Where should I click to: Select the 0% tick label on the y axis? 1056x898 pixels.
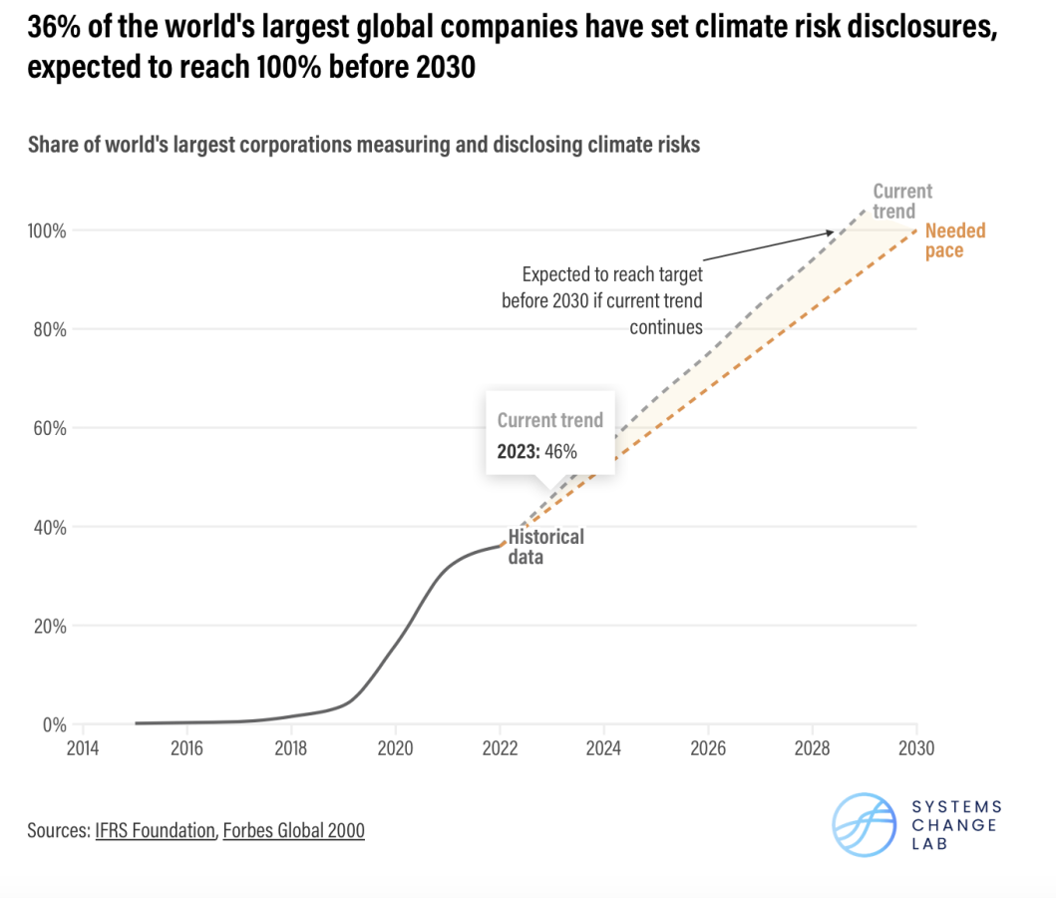[x=53, y=724]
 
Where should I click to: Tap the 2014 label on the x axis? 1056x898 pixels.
[x=82, y=745]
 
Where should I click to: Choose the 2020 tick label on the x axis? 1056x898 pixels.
[x=395, y=745]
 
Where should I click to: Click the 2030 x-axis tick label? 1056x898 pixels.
[x=915, y=745]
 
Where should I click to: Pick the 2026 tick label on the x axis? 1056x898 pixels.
[x=707, y=745]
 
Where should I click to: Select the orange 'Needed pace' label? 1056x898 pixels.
[x=954, y=240]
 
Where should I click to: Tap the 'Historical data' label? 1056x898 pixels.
[x=545, y=547]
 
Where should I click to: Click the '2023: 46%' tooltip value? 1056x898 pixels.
[x=537, y=451]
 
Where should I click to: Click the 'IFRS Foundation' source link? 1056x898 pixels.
[x=155, y=829]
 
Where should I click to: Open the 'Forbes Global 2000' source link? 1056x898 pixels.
[x=293, y=829]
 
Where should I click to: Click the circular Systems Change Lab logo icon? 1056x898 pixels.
[x=865, y=825]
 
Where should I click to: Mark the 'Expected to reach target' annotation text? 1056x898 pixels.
[x=612, y=274]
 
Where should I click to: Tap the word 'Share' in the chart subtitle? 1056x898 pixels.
[x=54, y=145]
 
